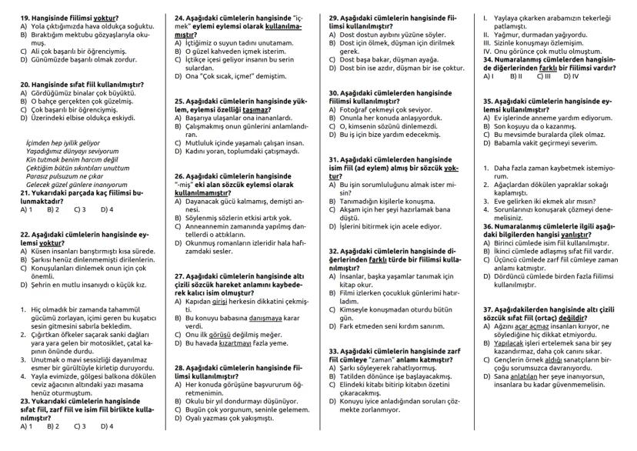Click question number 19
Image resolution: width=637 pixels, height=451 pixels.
[25, 16]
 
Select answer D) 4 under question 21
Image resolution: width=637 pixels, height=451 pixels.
[105, 209]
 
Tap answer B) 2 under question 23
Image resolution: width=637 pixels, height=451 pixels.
[53, 425]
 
